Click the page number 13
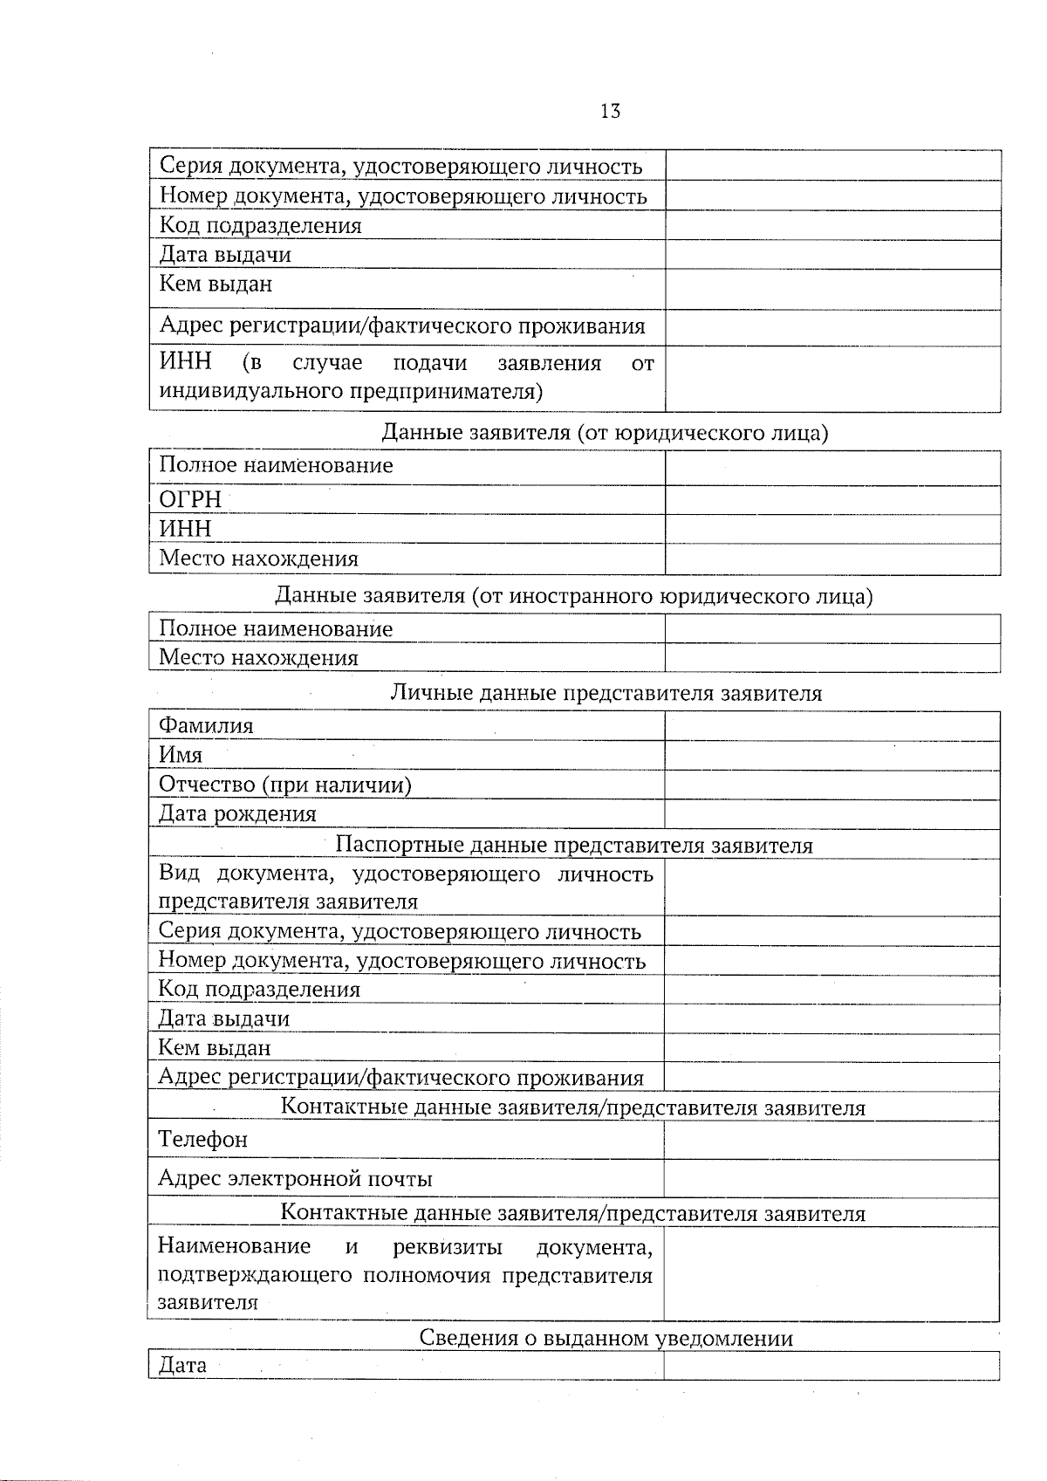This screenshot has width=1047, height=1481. coord(610,111)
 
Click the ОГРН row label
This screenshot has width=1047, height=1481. coord(190,500)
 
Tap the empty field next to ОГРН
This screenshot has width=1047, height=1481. coord(831,500)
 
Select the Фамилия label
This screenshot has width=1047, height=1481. coord(206,725)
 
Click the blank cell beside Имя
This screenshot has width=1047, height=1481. coord(831,755)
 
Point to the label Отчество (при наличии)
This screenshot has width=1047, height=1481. coord(284,785)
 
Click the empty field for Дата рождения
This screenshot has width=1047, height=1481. coord(831,813)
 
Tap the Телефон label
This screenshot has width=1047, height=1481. coord(202,1139)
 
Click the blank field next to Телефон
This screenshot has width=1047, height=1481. coord(831,1140)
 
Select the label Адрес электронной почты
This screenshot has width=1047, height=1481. coord(295,1179)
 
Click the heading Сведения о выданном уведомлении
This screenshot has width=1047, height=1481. coord(606,1338)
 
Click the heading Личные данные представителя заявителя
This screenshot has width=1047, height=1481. coord(606,693)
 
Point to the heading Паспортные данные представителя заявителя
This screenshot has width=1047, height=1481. coord(574,845)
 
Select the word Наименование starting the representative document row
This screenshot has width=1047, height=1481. coord(234,1246)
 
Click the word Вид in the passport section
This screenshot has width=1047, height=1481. coord(179,874)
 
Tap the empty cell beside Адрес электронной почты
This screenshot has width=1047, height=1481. coord(831,1179)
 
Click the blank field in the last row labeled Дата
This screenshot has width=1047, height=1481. coord(831,1366)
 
